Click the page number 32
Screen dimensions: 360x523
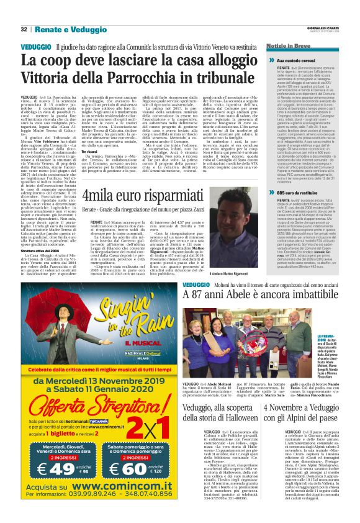point(24,29)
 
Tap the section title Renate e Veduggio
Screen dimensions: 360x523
point(62,29)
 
